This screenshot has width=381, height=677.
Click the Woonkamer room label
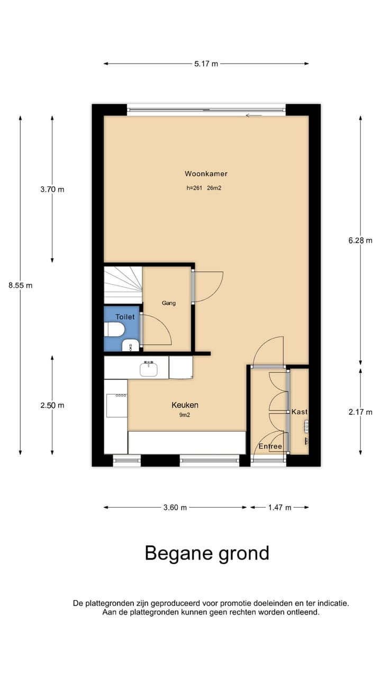[206, 173]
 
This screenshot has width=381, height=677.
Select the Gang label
[168, 303]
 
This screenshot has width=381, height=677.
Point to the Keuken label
[185, 405]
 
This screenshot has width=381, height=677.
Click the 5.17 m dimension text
[206, 64]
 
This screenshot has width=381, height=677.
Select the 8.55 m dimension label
[20, 285]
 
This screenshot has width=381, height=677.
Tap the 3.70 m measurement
[52, 189]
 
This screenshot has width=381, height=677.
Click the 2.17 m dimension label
[360, 412]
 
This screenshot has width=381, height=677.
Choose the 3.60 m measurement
[175, 508]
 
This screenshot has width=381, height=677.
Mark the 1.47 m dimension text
[279, 508]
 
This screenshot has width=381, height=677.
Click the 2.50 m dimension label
[52, 406]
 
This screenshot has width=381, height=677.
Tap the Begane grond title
[207, 553]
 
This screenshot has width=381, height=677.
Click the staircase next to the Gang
[122, 285]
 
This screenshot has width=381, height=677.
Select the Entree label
[270, 447]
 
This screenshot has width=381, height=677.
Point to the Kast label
[299, 411]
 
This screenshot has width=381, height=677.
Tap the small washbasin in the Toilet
[130, 346]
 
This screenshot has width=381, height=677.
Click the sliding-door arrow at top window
[254, 115]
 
